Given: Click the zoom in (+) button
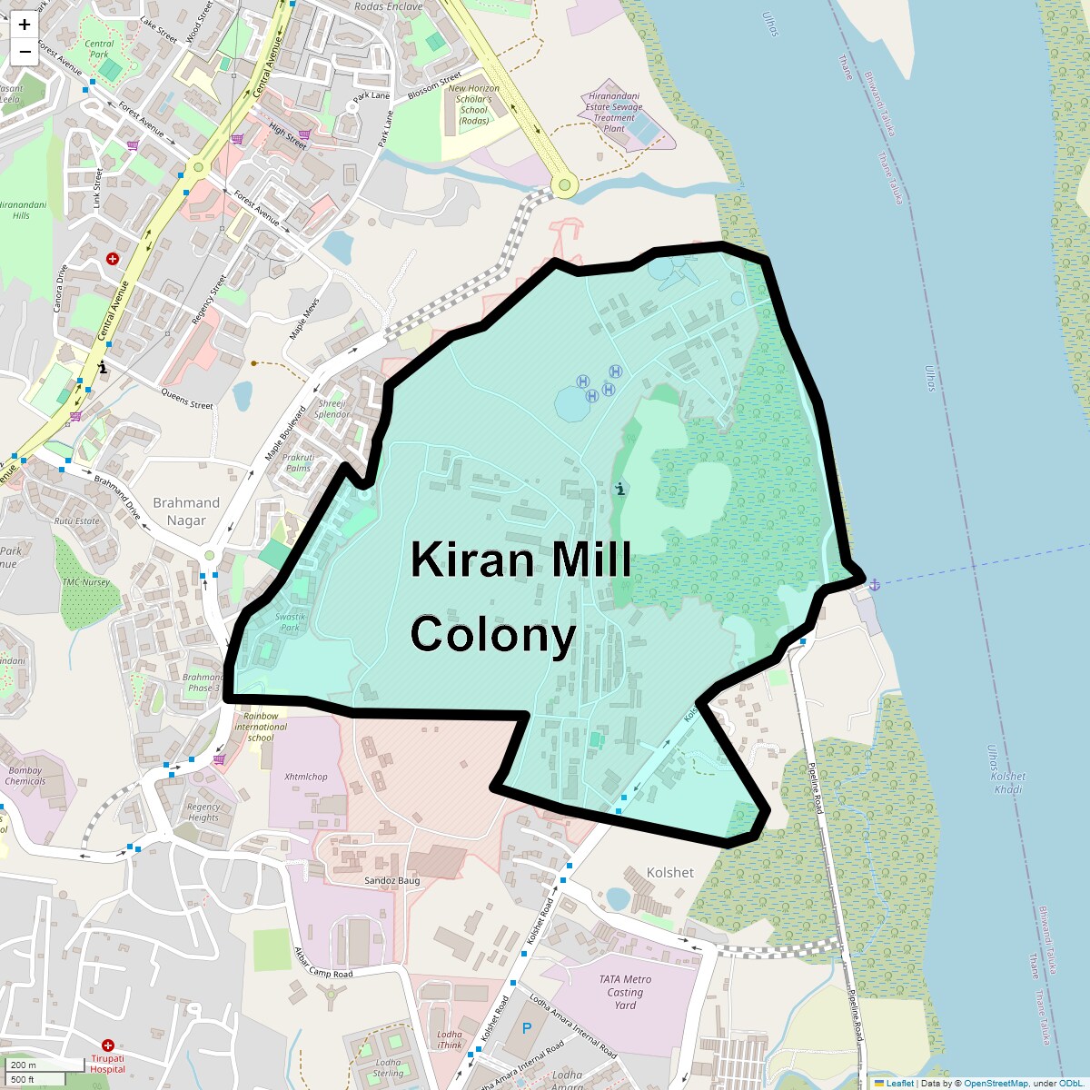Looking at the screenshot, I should [25, 25].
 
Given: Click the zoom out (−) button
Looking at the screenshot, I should [25, 52].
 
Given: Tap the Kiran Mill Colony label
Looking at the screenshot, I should [520, 596].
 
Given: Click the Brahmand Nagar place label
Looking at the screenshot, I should [186, 511].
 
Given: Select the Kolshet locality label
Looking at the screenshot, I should [669, 872].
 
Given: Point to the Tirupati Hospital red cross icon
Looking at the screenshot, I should [108, 1045].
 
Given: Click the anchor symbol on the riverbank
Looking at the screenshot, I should [874, 584].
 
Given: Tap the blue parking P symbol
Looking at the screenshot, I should [526, 1029].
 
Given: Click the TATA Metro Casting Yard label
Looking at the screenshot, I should [625, 992].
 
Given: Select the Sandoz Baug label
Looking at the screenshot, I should [392, 880].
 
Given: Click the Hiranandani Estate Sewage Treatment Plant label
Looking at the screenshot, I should [614, 112].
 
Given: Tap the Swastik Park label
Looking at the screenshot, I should [290, 622].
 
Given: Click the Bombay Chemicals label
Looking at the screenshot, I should [25, 776].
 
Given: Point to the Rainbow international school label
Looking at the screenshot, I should [261, 727].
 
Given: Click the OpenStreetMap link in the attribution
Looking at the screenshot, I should [996, 1083].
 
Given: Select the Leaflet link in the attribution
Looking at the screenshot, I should [899, 1083].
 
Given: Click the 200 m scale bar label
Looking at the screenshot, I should [24, 1065].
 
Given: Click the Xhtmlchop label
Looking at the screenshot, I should [306, 777].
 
